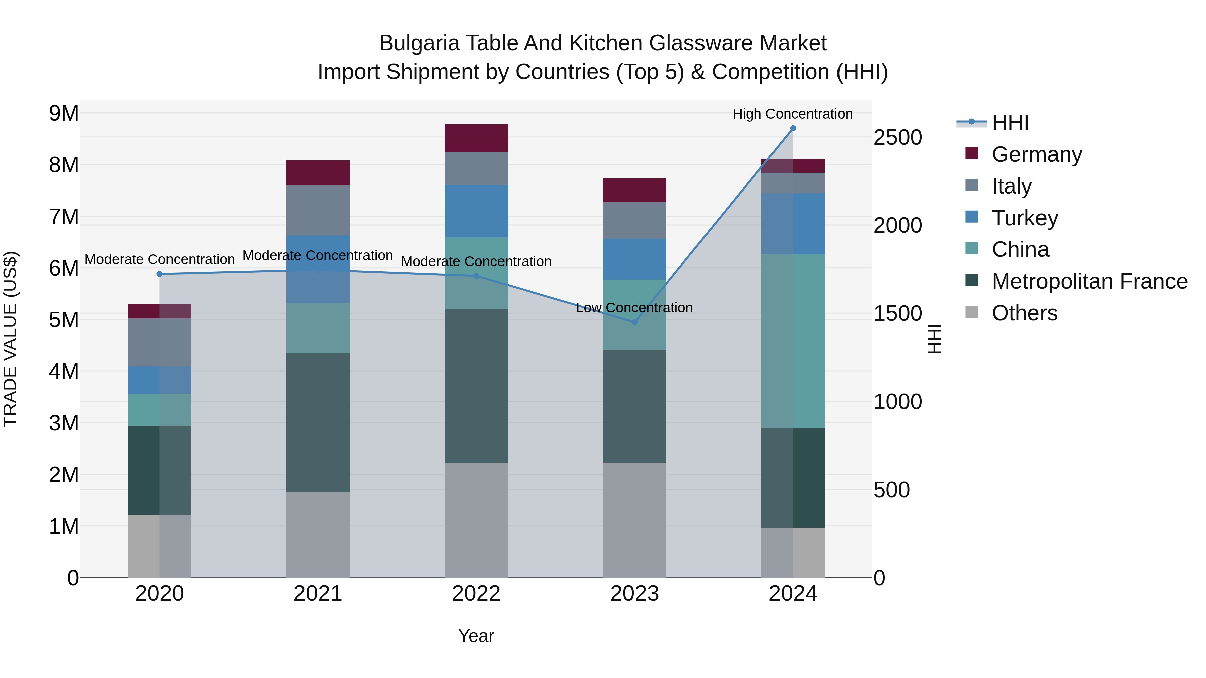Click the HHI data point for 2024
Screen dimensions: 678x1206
793,128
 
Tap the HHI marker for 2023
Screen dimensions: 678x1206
634,322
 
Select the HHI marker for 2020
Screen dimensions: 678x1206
160,274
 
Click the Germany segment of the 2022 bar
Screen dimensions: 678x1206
476,138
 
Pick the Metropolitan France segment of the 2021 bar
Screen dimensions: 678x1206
318,422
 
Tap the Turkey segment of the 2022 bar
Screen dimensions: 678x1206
476,211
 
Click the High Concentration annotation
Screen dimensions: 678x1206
792,114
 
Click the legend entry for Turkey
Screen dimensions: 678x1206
1024,218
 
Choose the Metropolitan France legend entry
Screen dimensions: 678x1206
1089,281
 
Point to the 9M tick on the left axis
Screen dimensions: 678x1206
64,113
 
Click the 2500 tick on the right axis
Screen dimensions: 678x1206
897,138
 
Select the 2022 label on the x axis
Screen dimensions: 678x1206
476,594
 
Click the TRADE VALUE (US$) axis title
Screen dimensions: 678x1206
10,339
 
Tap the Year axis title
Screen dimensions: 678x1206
476,636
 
